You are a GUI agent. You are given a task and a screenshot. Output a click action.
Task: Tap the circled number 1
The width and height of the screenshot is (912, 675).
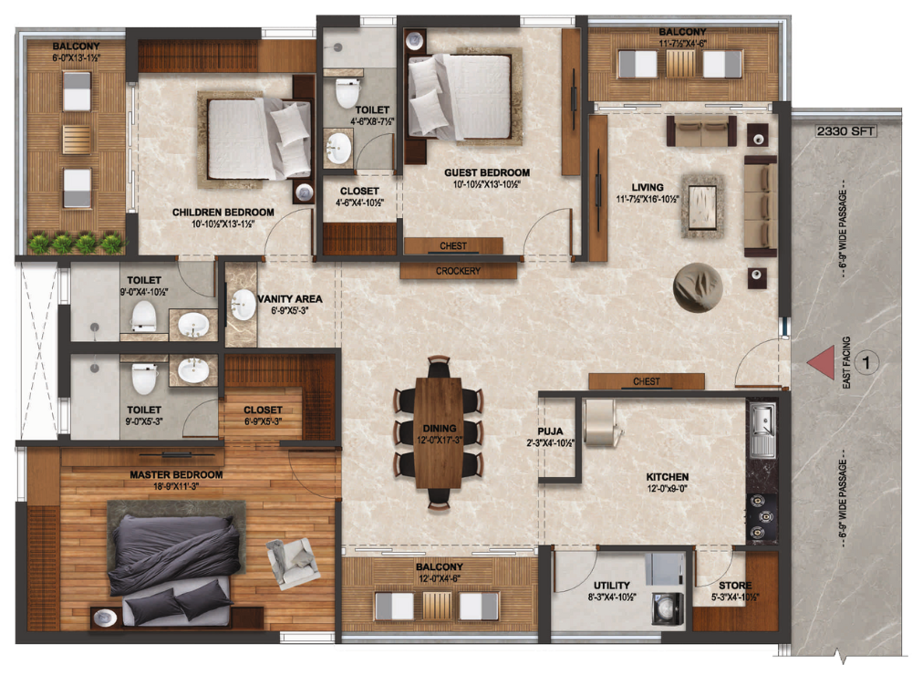click(x=866, y=363)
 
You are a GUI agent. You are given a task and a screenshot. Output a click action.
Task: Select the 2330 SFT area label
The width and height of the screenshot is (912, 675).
click(x=845, y=131)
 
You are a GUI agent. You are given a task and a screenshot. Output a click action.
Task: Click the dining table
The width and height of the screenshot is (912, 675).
click(x=440, y=433)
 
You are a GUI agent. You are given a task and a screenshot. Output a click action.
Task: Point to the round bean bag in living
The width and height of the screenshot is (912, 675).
click(x=698, y=287)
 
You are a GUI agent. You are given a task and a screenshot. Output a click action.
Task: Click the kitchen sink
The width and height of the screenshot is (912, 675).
click(x=762, y=430)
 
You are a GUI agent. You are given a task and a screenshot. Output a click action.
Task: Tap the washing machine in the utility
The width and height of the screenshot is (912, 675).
click(x=667, y=608)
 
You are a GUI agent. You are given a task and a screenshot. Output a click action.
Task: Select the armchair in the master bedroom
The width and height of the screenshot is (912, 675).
click(x=293, y=563)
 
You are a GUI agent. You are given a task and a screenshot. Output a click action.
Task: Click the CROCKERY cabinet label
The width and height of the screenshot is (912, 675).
click(x=459, y=271)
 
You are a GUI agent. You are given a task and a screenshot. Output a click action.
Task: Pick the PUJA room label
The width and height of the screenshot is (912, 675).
click(x=550, y=431)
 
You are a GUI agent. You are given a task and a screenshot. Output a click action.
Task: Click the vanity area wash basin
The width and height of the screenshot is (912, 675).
click(x=243, y=305)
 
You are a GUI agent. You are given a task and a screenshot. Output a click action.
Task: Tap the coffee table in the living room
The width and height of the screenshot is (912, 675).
click(x=703, y=206)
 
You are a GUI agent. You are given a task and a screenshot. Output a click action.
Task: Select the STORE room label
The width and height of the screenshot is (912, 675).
click(x=735, y=586)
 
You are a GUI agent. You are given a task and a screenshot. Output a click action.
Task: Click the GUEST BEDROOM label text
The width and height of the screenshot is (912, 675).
click(x=487, y=172)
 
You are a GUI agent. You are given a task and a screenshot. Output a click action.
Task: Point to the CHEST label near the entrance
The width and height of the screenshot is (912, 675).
click(x=647, y=381)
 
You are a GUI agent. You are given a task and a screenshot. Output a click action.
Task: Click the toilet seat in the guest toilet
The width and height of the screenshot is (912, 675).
click(x=347, y=92)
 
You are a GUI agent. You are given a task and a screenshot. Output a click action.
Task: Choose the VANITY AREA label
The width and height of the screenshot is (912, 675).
click(x=290, y=299)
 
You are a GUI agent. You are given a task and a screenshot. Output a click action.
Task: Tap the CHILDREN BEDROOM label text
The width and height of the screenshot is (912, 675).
click(x=223, y=213)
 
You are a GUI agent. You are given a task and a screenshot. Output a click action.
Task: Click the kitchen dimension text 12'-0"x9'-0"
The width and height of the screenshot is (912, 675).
click(x=668, y=489)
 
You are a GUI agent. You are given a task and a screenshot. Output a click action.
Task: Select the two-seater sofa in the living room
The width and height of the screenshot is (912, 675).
click(x=701, y=130)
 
